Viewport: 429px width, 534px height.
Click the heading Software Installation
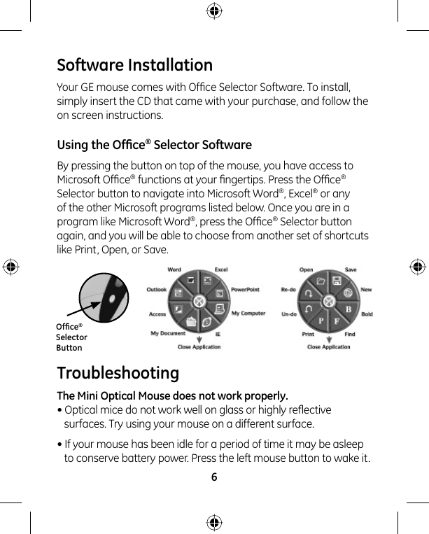tap(134, 65)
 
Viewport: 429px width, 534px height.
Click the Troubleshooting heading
tap(118, 372)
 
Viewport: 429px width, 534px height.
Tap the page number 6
tap(214, 477)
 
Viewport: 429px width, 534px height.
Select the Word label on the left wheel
tap(174, 269)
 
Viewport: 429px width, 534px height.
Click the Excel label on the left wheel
tap(220, 269)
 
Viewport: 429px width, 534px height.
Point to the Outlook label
tap(156, 289)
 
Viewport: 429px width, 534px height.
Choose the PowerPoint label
tap(245, 289)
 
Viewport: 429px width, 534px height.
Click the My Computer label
tap(248, 313)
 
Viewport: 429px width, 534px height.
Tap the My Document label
tap(168, 333)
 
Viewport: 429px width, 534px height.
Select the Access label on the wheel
tap(157, 314)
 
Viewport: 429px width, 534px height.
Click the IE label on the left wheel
tap(218, 335)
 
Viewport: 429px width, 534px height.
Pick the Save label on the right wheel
tap(351, 269)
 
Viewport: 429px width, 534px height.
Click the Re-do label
tap(288, 289)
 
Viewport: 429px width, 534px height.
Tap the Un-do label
tap(288, 314)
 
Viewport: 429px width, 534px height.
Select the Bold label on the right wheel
tap(367, 314)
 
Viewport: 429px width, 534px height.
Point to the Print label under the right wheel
tap(308, 335)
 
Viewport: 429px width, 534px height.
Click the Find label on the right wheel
tap(350, 335)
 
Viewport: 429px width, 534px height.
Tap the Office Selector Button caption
tap(71, 337)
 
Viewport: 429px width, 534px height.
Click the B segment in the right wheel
tap(348, 309)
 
